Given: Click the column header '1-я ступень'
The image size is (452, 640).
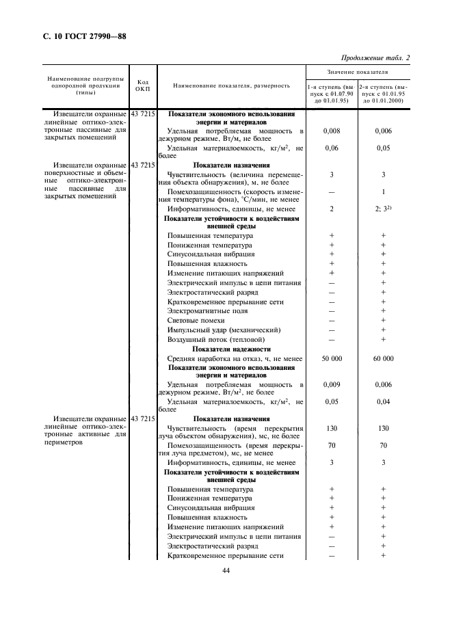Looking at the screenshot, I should click(x=331, y=94).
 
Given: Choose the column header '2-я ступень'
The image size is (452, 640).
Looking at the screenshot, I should click(x=383, y=94).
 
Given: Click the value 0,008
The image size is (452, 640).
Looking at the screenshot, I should click(x=331, y=130).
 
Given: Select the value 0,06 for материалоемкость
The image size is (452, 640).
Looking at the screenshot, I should click(x=331, y=148).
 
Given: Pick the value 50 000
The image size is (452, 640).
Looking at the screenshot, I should click(x=331, y=358).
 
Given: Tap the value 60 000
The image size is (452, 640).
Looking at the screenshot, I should click(x=383, y=358).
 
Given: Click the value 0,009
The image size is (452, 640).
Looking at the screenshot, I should click(x=331, y=385).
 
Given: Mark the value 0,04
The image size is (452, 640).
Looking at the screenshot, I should click(x=383, y=402).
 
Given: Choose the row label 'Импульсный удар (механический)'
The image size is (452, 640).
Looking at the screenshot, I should click(x=219, y=330).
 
